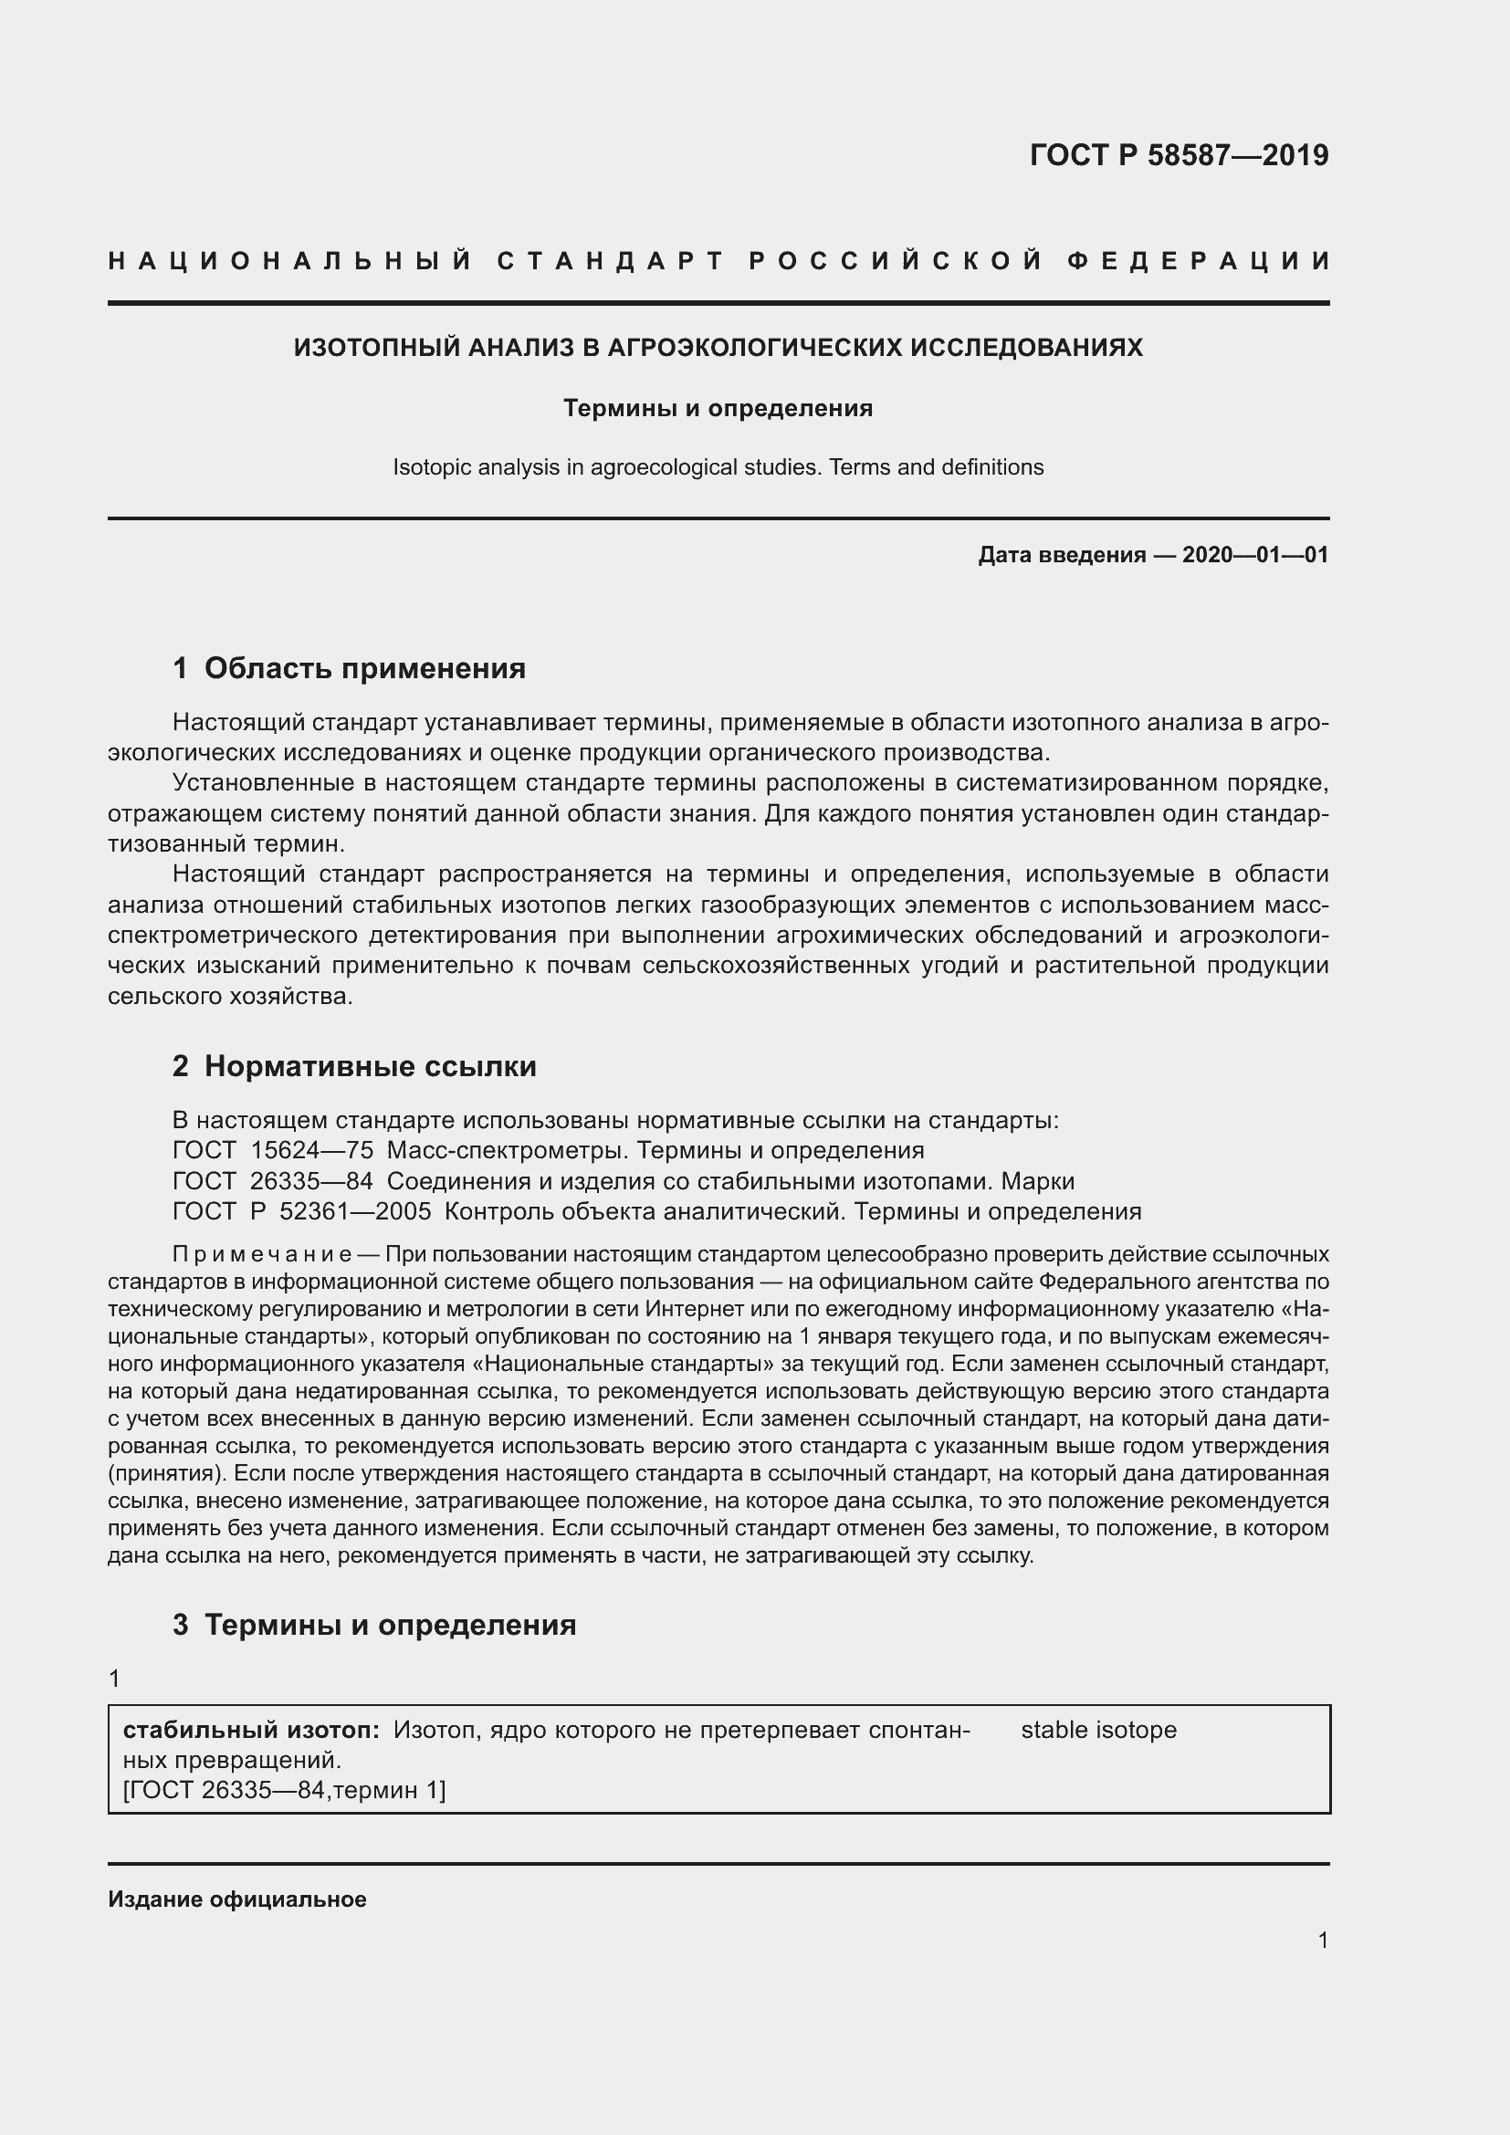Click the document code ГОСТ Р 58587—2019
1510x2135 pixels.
(x=1178, y=155)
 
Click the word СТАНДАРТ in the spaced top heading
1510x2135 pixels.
(x=610, y=261)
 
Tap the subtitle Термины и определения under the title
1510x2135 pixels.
(x=718, y=408)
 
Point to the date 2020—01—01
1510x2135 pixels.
(x=1254, y=555)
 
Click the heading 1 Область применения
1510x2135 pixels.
(x=349, y=667)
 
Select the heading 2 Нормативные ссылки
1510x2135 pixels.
(x=354, y=1065)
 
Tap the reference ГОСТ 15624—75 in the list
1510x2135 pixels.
(x=272, y=1150)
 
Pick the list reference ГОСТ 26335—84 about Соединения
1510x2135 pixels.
(x=272, y=1181)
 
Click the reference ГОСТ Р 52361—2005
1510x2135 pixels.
(x=301, y=1211)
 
